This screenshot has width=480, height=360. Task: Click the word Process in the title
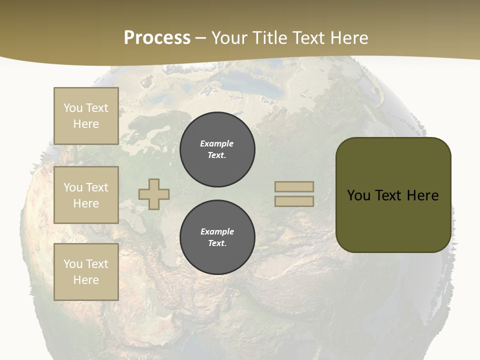click(x=157, y=38)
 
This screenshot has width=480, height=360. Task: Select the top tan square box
click(x=86, y=116)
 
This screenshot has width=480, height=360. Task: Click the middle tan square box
click(x=86, y=195)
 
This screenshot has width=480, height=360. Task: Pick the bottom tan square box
click(x=86, y=272)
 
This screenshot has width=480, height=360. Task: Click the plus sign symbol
click(x=154, y=194)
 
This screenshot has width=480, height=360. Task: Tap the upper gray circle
click(x=217, y=149)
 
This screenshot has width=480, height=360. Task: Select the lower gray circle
click(x=217, y=237)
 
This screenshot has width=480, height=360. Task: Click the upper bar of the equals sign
click(x=294, y=187)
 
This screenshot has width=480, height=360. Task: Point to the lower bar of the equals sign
click(x=294, y=201)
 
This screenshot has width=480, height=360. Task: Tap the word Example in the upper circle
click(x=216, y=143)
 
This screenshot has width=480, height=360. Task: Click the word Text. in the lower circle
click(x=217, y=243)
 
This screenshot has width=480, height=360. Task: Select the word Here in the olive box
click(x=422, y=195)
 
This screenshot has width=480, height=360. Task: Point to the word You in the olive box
click(x=358, y=195)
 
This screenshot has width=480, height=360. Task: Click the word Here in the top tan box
click(x=86, y=124)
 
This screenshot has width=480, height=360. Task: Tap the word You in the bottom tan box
click(x=73, y=264)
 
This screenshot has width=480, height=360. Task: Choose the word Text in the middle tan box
click(x=97, y=187)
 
